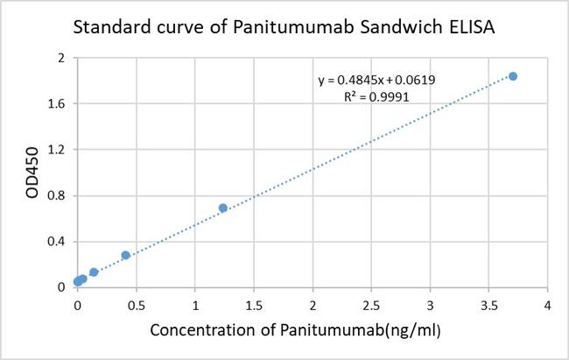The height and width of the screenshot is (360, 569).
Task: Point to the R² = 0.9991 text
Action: [x=377, y=98]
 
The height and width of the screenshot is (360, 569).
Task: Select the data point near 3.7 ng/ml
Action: [x=513, y=76]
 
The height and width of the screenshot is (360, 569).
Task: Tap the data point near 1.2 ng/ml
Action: [x=222, y=208]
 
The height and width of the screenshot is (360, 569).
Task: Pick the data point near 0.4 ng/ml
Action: [x=125, y=255]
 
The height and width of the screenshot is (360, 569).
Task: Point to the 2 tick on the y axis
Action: [x=61, y=58]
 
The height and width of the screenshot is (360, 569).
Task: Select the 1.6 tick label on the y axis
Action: [x=57, y=103]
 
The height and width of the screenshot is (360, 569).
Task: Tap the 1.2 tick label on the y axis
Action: [x=57, y=150]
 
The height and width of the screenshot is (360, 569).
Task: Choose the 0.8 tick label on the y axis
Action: [x=57, y=195]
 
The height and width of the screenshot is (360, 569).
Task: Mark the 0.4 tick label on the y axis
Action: [x=57, y=241]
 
